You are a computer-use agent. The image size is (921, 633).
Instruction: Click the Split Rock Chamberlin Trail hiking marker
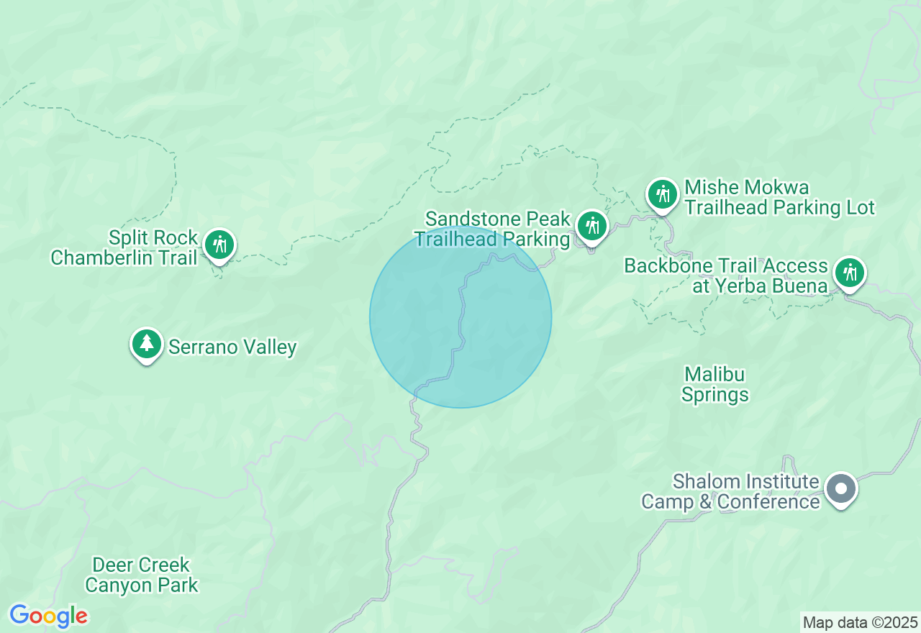click(219, 245)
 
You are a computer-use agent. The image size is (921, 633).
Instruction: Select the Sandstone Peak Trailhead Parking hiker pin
click(592, 227)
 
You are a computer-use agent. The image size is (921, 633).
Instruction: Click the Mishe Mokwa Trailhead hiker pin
click(663, 194)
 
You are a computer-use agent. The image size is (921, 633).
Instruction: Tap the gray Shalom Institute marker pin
click(840, 489)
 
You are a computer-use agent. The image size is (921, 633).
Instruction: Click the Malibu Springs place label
click(715, 385)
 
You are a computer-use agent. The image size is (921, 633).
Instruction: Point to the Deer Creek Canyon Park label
click(141, 575)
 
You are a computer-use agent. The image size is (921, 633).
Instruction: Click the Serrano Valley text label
click(232, 347)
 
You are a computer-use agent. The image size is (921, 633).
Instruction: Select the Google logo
click(48, 616)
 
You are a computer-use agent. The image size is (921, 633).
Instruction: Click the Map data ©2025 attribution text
click(860, 622)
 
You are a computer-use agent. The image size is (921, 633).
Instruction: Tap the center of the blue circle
click(460, 317)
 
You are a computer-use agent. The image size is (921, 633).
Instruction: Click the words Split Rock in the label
click(153, 237)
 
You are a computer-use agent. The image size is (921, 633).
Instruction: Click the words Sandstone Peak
click(497, 219)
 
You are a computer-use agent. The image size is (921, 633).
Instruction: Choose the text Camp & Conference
click(730, 501)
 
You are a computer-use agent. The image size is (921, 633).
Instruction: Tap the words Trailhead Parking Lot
click(779, 208)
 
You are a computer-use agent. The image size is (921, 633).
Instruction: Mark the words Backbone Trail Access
click(726, 265)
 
